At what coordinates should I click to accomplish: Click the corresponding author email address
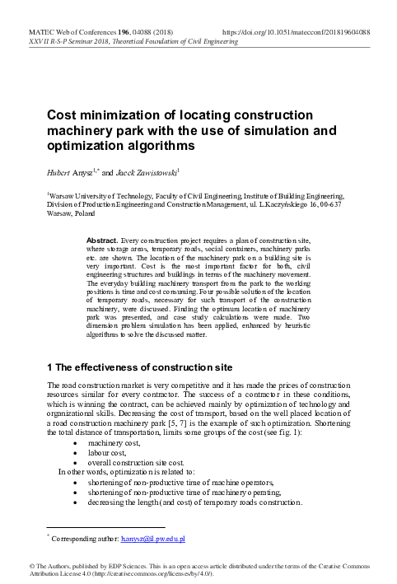[x=154, y=538]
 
